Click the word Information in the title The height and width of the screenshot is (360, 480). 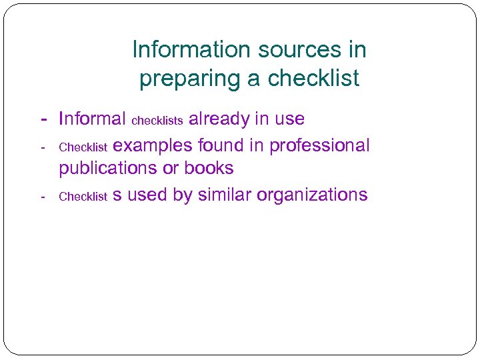pyautogui.click(x=179, y=49)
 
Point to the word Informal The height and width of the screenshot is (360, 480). pyautogui.click(x=92, y=119)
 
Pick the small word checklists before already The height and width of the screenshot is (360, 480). pyautogui.click(x=157, y=121)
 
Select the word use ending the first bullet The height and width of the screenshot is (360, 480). pyautogui.click(x=289, y=119)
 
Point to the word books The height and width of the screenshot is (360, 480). pyautogui.click(x=209, y=169)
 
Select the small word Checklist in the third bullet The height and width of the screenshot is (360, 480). pyautogui.click(x=83, y=197)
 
